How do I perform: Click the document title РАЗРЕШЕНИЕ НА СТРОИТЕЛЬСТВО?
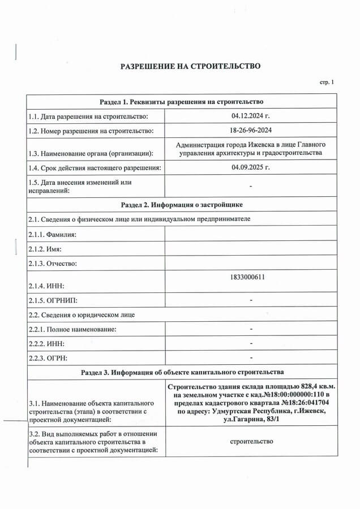[x=190, y=66]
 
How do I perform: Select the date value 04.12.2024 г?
[x=251, y=116]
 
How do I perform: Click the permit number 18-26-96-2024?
[x=251, y=131]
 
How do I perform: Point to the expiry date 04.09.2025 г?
[x=251, y=167]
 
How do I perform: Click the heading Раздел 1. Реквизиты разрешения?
[x=182, y=102]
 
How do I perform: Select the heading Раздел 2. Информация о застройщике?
[x=182, y=204]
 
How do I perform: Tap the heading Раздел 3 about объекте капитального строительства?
[x=182, y=373]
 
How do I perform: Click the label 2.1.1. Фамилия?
[x=52, y=234]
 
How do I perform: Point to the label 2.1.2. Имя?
[x=45, y=249]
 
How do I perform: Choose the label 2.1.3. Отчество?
[x=52, y=264]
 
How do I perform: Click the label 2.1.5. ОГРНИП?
[x=53, y=300]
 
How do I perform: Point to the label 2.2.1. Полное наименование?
[x=72, y=329]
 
